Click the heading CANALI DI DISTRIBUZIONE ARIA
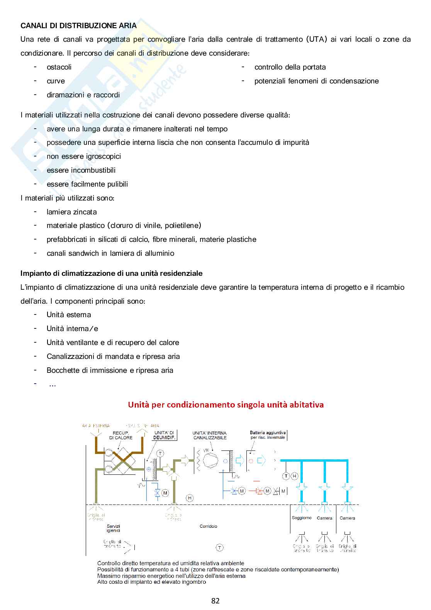tap(78, 26)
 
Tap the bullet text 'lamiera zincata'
tap(71, 212)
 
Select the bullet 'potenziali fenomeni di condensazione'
tap(316, 81)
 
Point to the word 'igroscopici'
tap(101, 156)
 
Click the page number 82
tap(215, 601)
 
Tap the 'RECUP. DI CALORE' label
tap(120, 435)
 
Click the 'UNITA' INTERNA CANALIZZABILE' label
tap(210, 435)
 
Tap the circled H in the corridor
tap(190, 498)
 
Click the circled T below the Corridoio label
tap(219, 547)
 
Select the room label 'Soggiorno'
tap(302, 518)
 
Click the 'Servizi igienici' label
tap(114, 528)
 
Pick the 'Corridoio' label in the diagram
tap(208, 526)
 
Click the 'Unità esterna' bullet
tap(69, 314)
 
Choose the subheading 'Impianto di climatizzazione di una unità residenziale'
tap(111, 273)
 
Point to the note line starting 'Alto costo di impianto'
tap(151, 582)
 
